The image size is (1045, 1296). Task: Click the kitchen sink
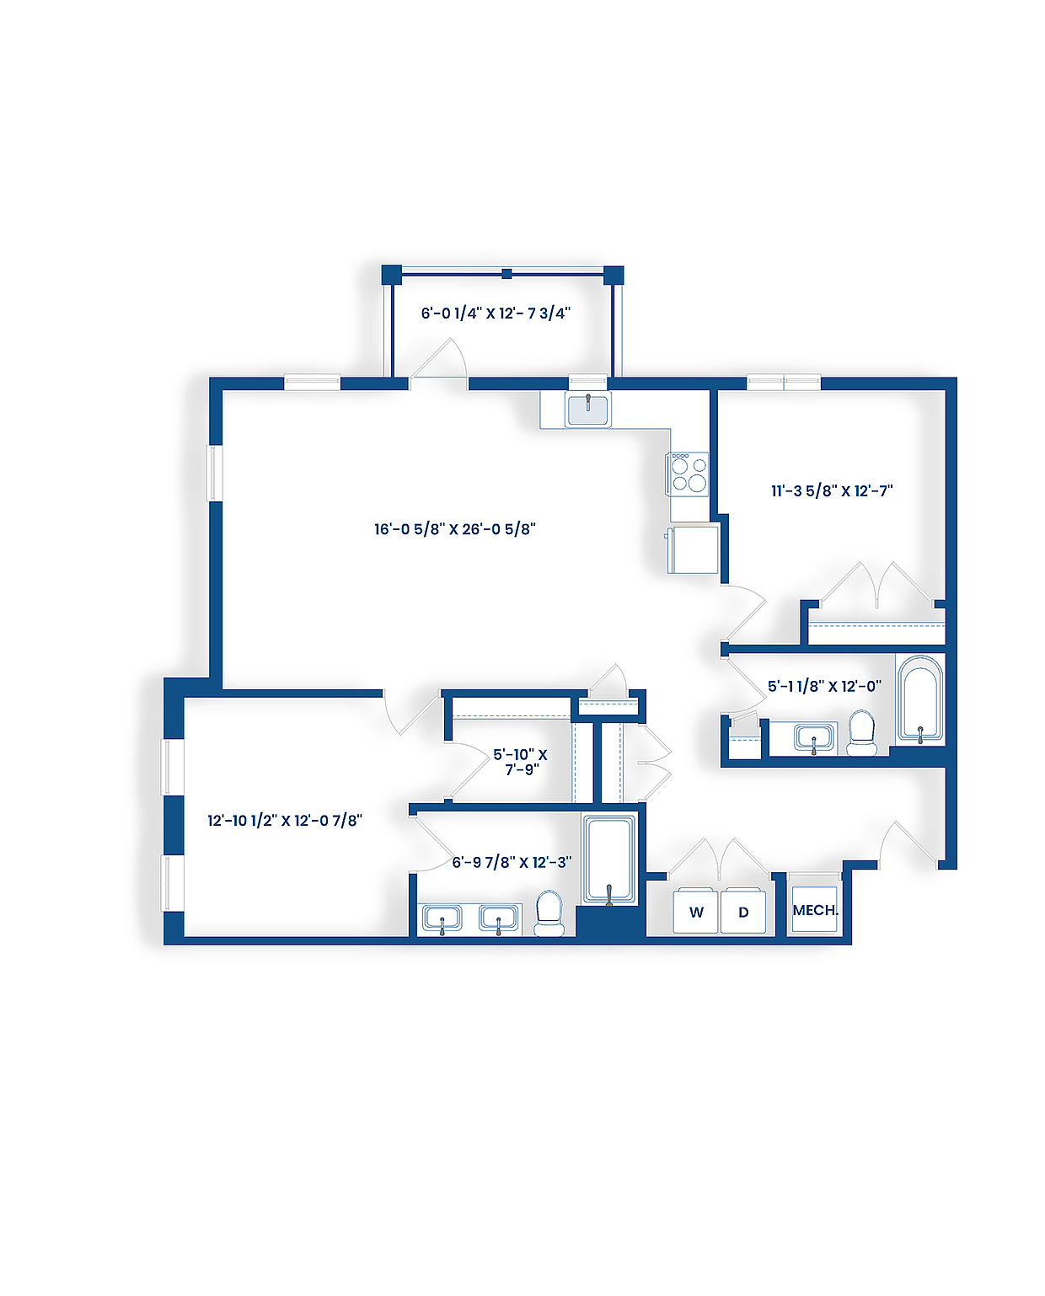pos(588,410)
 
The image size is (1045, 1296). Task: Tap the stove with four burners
pos(689,474)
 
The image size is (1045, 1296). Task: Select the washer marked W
pos(696,911)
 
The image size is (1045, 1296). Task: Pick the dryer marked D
pos(743,911)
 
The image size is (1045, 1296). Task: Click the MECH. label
pos(815,910)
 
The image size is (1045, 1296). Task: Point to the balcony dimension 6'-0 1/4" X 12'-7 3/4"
pos(496,313)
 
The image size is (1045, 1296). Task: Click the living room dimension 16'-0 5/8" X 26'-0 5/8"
pos(455,529)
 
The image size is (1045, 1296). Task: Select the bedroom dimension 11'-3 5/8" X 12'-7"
pos(832,490)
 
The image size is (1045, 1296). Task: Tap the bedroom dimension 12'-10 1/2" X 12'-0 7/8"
pos(285,820)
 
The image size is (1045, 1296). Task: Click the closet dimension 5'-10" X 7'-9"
pos(521,762)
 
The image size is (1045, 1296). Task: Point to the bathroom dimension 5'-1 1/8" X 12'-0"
pos(824,686)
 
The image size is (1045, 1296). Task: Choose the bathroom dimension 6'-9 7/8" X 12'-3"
pos(512,862)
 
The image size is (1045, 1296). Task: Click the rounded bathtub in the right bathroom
pos(919,699)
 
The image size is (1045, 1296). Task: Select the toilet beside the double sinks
pos(549,913)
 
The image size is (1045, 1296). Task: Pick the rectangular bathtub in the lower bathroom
pos(609,859)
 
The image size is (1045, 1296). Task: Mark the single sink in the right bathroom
pos(813,738)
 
